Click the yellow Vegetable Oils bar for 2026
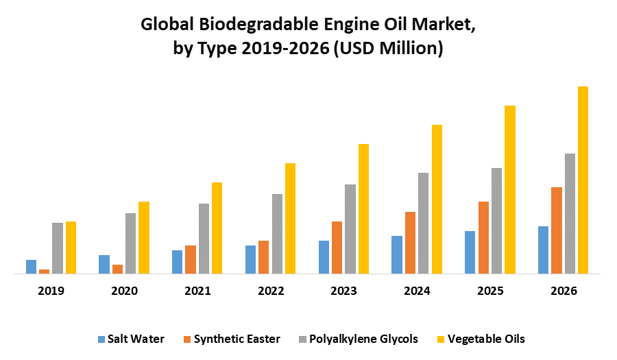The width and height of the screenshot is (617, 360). pyautogui.click(x=583, y=180)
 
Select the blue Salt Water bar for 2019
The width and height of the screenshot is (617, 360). pyautogui.click(x=31, y=267)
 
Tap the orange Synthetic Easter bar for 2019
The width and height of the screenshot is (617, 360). pyautogui.click(x=44, y=272)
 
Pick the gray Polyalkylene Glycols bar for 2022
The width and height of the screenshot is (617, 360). pyautogui.click(x=277, y=234)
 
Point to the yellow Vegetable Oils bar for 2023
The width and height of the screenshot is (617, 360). pyautogui.click(x=363, y=208)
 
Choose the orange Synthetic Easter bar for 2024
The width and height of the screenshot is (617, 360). pyautogui.click(x=410, y=243)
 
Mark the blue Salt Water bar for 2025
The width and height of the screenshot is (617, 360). pyautogui.click(x=470, y=252)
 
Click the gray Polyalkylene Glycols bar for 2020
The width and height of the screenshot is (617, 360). pyautogui.click(x=130, y=243)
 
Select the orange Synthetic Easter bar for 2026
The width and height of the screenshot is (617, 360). pyautogui.click(x=557, y=230)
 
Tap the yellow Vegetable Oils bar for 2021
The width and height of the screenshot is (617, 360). pyautogui.click(x=217, y=228)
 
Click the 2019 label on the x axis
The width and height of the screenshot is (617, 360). pyautogui.click(x=51, y=291)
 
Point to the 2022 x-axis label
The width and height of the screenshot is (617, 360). pyautogui.click(x=271, y=291)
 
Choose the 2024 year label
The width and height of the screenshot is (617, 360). pyautogui.click(x=417, y=291)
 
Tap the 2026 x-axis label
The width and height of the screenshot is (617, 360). pyautogui.click(x=564, y=291)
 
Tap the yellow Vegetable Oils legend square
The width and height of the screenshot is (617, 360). pyautogui.click(x=442, y=339)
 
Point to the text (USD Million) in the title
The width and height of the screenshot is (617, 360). pyautogui.click(x=388, y=49)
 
